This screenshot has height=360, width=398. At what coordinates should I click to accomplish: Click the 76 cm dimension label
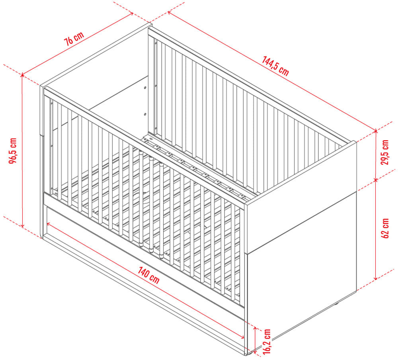click(74, 39)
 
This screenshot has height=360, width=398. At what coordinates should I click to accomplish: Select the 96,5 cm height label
click(13, 151)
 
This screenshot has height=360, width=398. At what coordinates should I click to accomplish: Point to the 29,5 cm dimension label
click(385, 152)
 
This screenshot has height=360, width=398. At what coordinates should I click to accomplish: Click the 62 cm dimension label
click(385, 228)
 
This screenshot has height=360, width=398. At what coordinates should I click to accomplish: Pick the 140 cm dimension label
click(149, 275)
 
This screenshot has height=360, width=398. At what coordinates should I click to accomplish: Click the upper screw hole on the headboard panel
click(145, 88)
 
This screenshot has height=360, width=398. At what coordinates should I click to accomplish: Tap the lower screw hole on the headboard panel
click(145, 114)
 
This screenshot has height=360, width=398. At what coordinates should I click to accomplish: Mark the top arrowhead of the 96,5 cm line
click(22, 75)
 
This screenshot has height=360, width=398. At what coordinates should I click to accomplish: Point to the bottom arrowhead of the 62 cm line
click(376, 278)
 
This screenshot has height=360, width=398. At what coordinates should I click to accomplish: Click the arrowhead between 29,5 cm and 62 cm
click(376, 180)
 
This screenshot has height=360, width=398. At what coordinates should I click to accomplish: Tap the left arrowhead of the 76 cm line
click(23, 75)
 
